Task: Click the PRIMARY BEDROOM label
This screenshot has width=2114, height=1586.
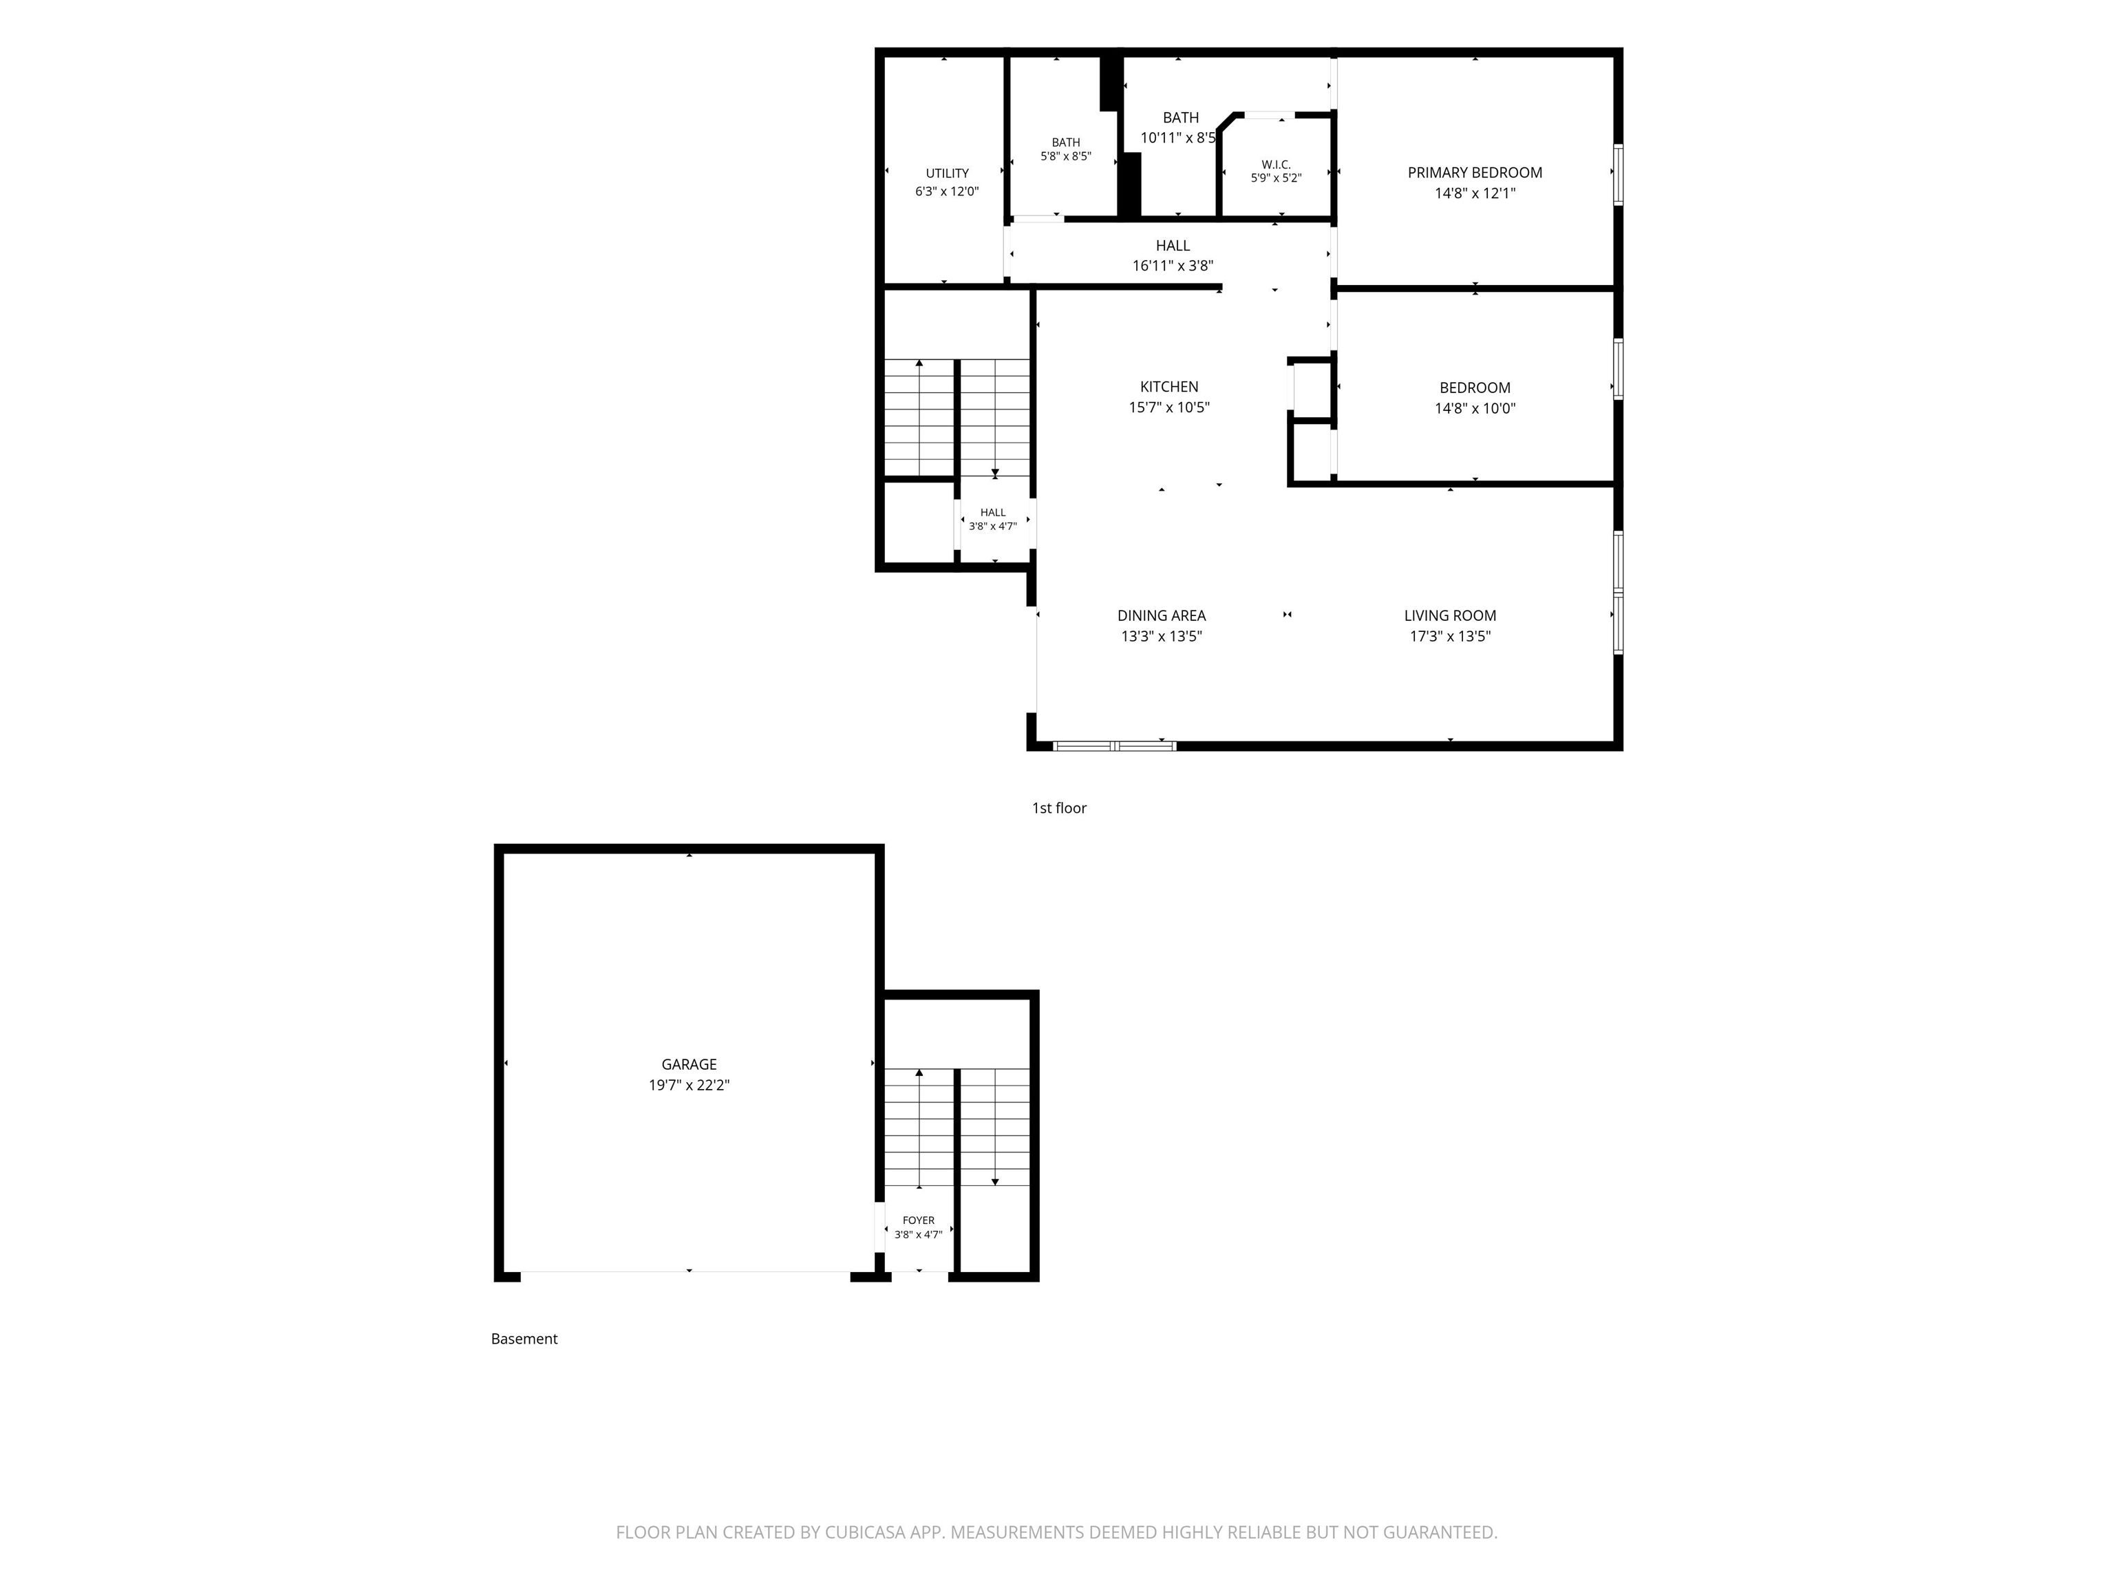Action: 1475,173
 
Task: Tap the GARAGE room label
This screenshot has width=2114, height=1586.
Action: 689,1064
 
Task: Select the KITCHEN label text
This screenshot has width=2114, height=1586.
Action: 1168,387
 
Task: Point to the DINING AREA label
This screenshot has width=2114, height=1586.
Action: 1161,615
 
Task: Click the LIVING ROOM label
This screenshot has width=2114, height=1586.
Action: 1450,615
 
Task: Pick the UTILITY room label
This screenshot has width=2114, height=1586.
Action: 947,173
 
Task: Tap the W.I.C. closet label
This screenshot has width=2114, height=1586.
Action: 1276,165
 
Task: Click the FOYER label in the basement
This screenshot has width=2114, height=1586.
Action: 919,1220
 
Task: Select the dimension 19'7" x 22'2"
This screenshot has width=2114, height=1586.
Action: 689,1085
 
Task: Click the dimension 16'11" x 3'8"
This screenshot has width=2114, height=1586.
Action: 1173,266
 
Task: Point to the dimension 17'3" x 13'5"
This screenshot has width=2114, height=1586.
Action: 1450,637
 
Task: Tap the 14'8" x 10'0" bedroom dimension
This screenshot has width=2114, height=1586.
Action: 1475,408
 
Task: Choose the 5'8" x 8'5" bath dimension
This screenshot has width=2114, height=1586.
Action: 1065,156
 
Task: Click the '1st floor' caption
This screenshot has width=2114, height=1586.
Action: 1059,808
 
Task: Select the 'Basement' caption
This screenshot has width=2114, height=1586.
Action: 524,1338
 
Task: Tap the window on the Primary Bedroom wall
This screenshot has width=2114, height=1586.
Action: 1618,174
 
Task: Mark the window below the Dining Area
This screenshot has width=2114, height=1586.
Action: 1114,746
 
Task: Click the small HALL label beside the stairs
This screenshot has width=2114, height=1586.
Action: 993,512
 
